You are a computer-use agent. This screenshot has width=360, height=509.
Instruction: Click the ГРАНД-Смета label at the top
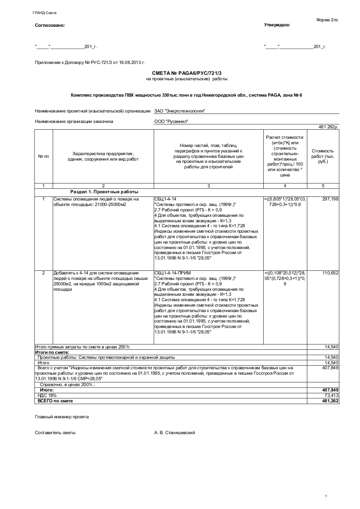(41, 13)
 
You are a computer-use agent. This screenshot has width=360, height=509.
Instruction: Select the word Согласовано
(50, 25)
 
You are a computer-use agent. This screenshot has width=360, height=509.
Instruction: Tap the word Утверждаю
(277, 25)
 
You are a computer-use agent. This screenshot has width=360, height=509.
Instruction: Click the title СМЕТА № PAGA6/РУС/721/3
(187, 73)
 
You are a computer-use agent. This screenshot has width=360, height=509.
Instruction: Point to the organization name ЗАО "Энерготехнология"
(180, 111)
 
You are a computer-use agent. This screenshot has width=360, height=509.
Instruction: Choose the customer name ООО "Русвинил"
(171, 122)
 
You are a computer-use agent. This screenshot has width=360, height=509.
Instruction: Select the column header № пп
(44, 157)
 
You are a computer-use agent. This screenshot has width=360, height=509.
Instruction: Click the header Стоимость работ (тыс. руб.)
(323, 156)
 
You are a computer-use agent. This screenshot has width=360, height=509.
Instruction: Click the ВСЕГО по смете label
(55, 401)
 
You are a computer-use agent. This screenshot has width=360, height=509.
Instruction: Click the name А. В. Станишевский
(175, 433)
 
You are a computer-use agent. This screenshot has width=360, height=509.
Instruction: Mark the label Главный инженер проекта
(62, 416)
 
